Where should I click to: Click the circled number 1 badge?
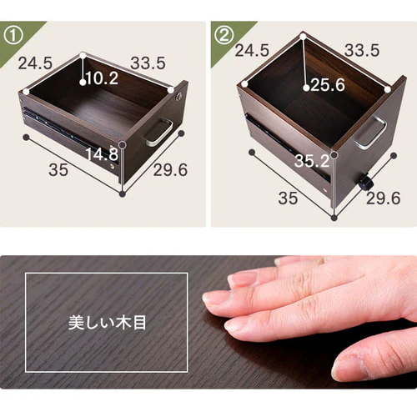click(13, 36)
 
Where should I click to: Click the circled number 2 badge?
click(224, 36)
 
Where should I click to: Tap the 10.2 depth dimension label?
click(102, 78)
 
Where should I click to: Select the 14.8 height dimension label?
click(102, 154)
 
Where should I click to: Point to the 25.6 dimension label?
click(328, 85)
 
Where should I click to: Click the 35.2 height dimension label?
click(312, 161)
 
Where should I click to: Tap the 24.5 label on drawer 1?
click(35, 63)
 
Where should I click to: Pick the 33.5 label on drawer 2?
click(362, 50)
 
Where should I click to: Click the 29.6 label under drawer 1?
click(170, 170)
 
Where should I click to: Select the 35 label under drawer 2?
click(288, 198)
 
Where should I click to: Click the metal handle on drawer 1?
click(159, 133)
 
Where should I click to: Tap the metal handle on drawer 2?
click(370, 132)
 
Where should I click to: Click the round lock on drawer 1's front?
click(179, 97)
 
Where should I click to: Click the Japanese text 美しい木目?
click(107, 323)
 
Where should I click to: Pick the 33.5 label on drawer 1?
click(148, 63)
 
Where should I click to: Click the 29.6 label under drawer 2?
click(384, 198)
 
